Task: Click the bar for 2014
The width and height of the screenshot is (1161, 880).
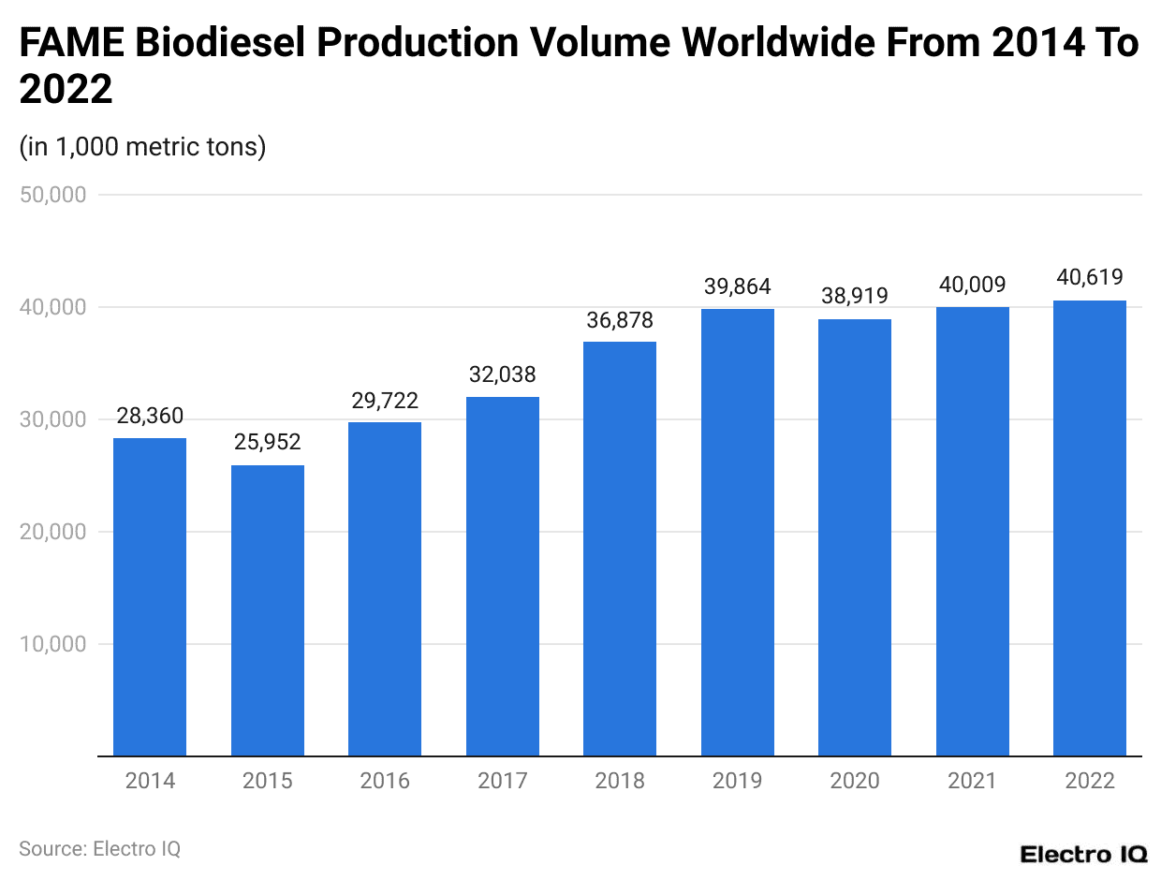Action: pos(150,596)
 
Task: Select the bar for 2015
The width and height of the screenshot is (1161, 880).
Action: pos(268,610)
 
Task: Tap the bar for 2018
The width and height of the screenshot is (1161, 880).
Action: pos(620,549)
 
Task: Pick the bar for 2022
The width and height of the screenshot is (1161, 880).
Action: pos(1090,528)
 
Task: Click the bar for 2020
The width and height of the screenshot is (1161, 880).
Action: pos(855,537)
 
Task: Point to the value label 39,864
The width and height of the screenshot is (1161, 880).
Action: pos(738,287)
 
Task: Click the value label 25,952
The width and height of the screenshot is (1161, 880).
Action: pos(268,443)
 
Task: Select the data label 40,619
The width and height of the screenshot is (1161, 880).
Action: pos(1090,278)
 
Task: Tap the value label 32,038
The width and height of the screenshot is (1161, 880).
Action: pos(503,374)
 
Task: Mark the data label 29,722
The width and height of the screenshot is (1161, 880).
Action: pos(385,401)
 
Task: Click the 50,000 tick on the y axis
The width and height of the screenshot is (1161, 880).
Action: pos(53,195)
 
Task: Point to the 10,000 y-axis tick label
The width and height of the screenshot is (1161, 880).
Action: pos(53,644)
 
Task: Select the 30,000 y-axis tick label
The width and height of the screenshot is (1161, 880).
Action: pos(53,419)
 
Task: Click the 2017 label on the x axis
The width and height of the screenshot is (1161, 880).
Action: pos(503,781)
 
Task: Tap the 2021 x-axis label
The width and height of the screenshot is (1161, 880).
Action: pos(973,781)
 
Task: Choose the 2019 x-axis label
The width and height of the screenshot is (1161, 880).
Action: pos(738,781)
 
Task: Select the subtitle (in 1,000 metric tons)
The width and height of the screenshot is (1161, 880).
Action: pos(142,147)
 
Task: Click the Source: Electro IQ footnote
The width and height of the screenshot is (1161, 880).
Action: pos(99,848)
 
